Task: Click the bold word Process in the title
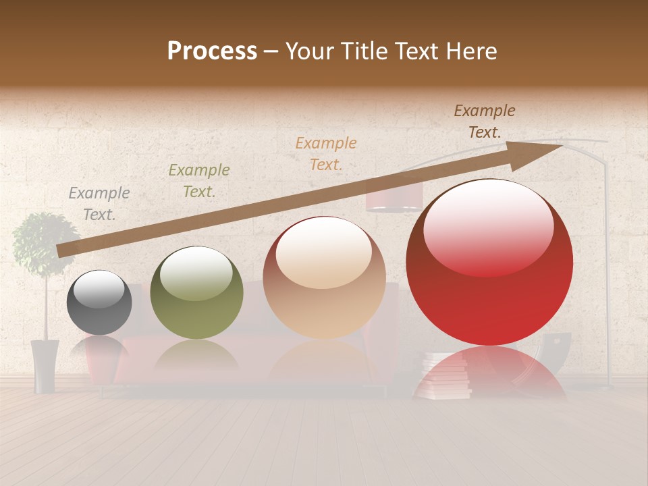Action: tap(212, 51)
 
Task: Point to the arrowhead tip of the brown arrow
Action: tap(560, 146)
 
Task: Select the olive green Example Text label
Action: tap(198, 181)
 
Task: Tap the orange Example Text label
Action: tap(326, 153)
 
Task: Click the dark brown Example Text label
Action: tap(484, 122)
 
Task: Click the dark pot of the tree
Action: tap(45, 364)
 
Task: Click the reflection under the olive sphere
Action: tap(196, 354)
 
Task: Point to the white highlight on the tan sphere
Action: tap(324, 251)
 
